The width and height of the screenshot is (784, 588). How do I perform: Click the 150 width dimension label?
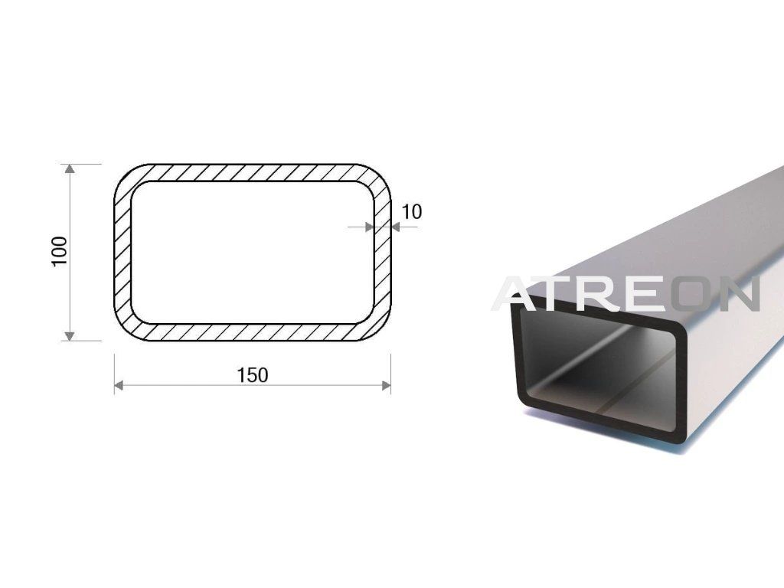[253, 375]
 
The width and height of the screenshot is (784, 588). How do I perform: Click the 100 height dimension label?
[60, 251]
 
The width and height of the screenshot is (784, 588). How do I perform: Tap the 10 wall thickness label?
[411, 212]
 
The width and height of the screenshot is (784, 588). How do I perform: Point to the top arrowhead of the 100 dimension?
[70, 168]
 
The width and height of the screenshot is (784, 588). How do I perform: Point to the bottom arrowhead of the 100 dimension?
[70, 335]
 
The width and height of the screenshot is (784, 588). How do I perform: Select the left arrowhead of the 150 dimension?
[119, 385]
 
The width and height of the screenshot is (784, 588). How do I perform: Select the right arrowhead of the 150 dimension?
[386, 385]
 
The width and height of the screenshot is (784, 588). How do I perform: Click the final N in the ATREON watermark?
[740, 293]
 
